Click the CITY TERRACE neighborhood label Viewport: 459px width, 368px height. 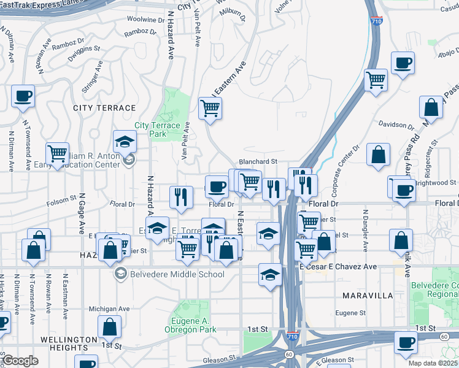point(104,108)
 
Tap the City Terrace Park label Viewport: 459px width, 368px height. point(158,129)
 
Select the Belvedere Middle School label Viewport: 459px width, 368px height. point(177,274)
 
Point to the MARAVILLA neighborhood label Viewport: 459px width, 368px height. point(367,296)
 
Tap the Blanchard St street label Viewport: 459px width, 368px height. point(258,162)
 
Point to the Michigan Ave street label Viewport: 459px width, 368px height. point(109,309)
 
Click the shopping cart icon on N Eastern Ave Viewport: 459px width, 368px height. point(210,109)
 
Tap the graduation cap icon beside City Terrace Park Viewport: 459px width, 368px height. point(125,142)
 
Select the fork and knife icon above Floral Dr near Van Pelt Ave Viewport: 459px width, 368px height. point(180,196)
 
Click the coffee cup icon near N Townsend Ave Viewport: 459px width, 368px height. point(23,96)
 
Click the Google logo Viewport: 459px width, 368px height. point(20,361)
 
